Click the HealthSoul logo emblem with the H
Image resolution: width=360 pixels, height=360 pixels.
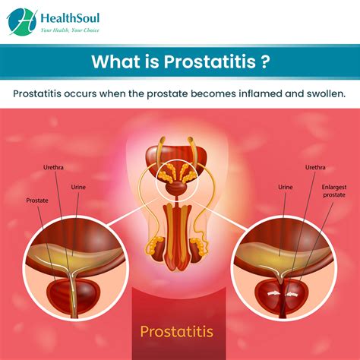[x=22, y=22]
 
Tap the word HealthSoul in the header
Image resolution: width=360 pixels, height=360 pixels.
[x=70, y=18]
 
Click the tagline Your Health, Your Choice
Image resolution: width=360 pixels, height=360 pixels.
[x=70, y=30]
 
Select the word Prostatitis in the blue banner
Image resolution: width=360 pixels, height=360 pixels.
[x=210, y=62]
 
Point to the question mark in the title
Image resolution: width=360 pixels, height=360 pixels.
[x=264, y=62]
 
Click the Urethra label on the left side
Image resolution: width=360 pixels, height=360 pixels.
[x=53, y=167]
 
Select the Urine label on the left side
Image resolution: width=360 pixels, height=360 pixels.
[x=78, y=187]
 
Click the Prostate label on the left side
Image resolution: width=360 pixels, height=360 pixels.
[x=37, y=201]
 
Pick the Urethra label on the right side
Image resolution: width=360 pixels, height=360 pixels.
[x=315, y=167]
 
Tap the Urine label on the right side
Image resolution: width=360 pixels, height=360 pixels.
[x=286, y=187]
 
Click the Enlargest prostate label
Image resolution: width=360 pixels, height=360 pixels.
[x=334, y=191]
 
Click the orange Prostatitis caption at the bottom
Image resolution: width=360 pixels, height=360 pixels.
[x=177, y=331]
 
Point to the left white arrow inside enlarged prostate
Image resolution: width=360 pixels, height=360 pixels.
[x=273, y=293]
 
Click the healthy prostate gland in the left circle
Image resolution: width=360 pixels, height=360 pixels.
[x=74, y=295]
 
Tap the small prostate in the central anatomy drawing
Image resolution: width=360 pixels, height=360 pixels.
[x=176, y=188]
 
